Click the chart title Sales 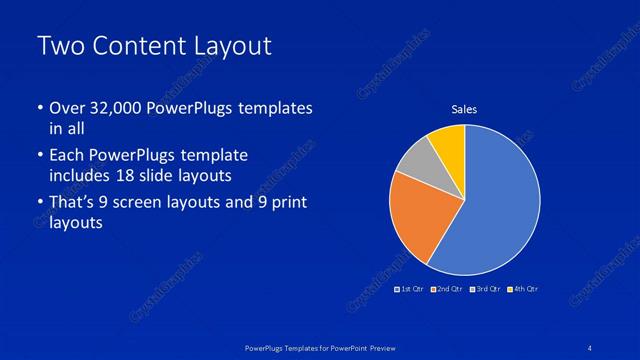coord(464,109)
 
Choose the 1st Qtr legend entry coord(411,289)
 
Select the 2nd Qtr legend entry coord(449,289)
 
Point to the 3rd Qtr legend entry coord(485,289)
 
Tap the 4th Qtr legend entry coord(523,289)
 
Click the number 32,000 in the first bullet coord(109,108)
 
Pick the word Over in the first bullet coord(66,108)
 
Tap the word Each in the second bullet coord(67,156)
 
